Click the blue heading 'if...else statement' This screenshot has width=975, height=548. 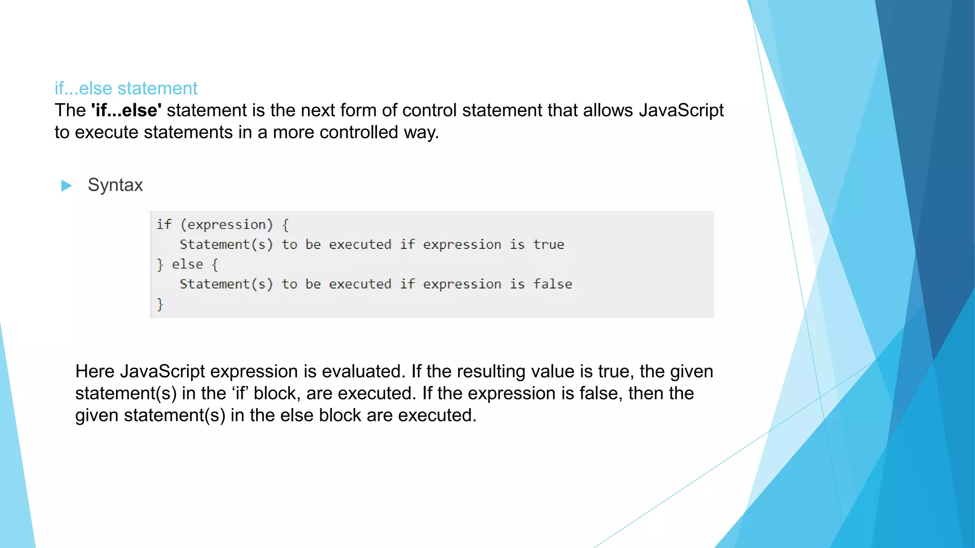pos(126,88)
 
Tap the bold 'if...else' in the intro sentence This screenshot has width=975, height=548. pos(126,110)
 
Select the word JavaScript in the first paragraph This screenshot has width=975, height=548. pos(681,110)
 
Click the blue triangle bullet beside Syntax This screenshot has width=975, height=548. pos(67,186)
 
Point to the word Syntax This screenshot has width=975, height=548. pos(115,185)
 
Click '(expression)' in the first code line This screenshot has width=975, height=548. pos(227,225)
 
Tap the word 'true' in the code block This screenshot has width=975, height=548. pos(548,245)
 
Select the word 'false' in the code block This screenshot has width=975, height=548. pos(552,284)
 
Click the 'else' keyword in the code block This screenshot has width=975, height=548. pos(187,264)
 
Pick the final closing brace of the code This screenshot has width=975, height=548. pos(160,304)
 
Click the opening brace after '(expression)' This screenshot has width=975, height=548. pos(285,225)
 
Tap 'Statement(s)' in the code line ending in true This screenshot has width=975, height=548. pos(226,245)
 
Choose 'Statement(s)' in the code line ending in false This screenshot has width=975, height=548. pos(226,284)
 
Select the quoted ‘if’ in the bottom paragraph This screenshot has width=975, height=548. pos(240,393)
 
